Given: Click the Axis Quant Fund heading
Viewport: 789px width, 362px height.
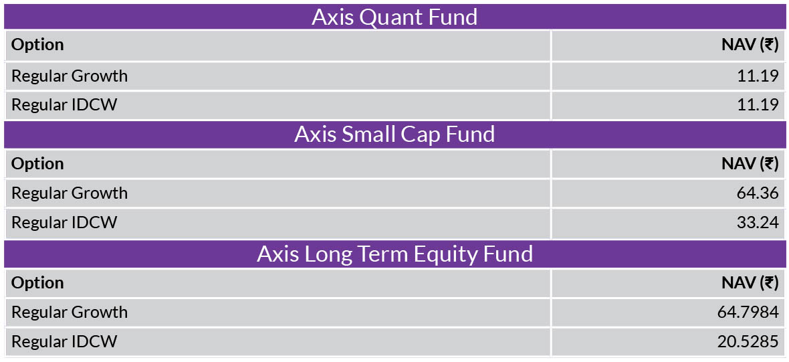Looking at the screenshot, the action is [394, 17].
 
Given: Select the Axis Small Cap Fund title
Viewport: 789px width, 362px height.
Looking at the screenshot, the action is [394, 135].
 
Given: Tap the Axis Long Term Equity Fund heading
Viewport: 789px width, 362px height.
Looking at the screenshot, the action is [394, 254].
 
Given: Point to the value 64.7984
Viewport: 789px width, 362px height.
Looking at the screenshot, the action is [748, 312].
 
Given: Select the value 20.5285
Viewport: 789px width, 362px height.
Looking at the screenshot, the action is [748, 342].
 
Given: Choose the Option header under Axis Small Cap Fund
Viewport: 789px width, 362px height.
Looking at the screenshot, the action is [37, 164].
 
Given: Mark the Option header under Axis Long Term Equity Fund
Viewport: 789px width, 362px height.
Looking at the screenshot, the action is [37, 283].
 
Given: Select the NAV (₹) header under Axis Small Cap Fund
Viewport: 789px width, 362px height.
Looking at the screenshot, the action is [750, 164].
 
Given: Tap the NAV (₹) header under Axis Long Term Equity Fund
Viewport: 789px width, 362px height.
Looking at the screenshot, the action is [750, 283].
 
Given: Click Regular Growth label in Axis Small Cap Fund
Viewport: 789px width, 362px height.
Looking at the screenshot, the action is [70, 193].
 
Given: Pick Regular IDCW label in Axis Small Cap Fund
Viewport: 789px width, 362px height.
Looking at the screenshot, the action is [64, 223].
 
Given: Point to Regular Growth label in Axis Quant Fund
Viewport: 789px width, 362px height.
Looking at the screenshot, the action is [70, 76].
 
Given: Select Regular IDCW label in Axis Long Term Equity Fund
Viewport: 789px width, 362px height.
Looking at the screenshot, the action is [64, 342].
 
